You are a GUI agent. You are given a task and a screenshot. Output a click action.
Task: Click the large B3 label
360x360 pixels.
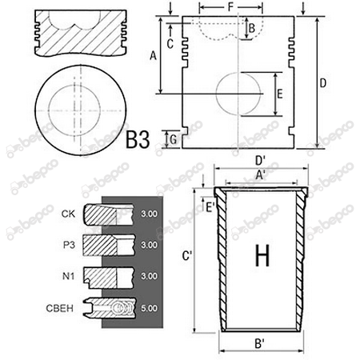click(138, 140)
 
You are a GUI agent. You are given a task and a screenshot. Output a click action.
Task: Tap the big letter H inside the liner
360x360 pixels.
click(262, 255)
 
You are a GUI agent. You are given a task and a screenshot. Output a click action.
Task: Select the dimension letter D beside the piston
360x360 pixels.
click(322, 83)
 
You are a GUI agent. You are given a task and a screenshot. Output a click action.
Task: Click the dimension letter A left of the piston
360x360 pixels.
click(153, 56)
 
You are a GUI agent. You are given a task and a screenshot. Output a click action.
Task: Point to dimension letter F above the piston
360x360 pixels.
click(230, 7)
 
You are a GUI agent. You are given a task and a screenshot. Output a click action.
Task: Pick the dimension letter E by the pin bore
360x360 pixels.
click(279, 94)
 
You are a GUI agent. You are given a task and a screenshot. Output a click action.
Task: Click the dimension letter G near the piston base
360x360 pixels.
click(173, 139)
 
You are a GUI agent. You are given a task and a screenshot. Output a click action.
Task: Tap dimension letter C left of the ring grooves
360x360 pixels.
click(170, 44)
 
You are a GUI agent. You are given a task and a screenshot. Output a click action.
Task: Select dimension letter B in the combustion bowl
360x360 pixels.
click(252, 28)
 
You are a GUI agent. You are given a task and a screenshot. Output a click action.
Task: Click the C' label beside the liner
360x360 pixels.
click(187, 256)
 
